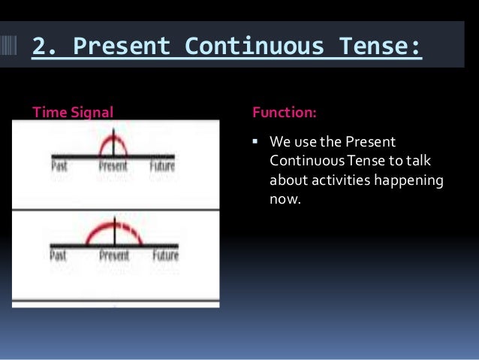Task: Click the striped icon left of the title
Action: point(14,47)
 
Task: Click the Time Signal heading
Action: point(72,113)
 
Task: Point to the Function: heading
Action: point(284,113)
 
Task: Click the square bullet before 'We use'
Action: point(256,143)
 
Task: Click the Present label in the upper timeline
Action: point(113,166)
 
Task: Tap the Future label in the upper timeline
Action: point(161,166)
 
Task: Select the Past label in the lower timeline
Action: point(59,256)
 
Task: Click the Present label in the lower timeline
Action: point(114,256)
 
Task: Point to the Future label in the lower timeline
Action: point(165,256)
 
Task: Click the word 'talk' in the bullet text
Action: point(431,162)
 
